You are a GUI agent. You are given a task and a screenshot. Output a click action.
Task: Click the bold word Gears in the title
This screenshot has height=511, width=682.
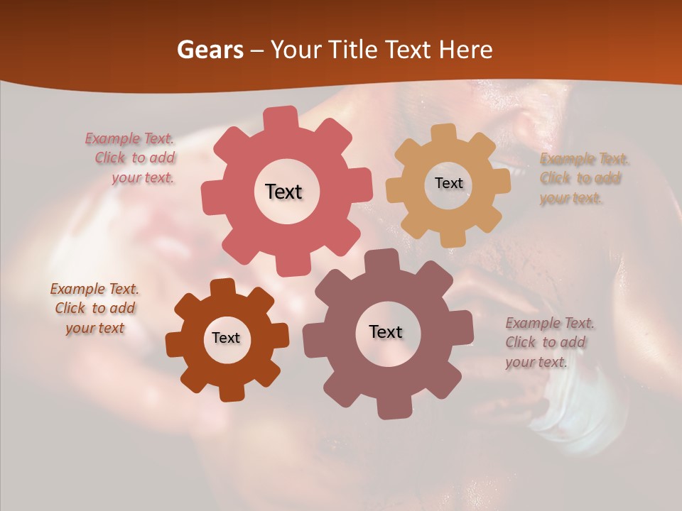pos(210,50)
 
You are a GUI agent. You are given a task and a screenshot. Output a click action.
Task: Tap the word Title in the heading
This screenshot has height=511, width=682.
pos(355,50)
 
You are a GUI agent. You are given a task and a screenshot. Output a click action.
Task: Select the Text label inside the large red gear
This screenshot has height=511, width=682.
pos(283,192)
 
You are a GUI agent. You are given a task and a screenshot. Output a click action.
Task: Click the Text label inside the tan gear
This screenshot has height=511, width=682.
pos(448,183)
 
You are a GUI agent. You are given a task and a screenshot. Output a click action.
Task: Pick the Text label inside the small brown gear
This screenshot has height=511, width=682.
pos(226,338)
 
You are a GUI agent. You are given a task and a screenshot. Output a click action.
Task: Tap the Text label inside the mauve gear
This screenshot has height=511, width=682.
pos(386,331)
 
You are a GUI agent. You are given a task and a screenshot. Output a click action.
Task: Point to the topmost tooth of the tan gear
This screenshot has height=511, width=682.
pos(443,134)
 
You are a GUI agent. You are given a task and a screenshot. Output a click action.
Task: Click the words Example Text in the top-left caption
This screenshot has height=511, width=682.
pos(129,138)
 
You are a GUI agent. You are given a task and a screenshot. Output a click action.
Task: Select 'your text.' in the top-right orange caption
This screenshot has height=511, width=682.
pos(570,198)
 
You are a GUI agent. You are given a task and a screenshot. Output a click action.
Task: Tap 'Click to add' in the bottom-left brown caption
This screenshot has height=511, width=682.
pos(95,309)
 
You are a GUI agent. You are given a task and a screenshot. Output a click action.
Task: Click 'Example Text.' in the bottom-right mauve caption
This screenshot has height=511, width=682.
pos(550,323)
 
